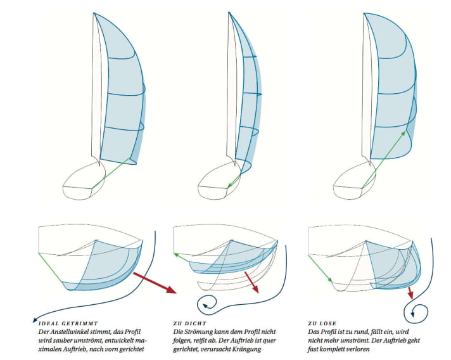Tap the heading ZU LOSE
tap(320, 323)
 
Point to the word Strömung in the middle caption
tap(197, 331)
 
